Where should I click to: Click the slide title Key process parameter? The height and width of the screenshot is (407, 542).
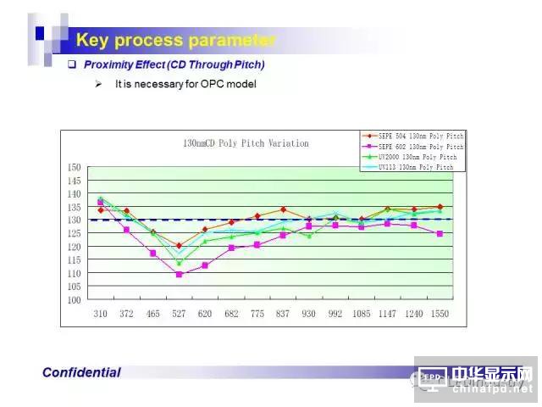click(x=175, y=40)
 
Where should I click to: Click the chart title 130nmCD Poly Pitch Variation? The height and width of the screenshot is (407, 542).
click(x=246, y=143)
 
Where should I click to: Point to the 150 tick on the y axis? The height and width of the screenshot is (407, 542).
click(x=75, y=167)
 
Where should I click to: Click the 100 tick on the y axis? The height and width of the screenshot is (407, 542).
click(x=75, y=300)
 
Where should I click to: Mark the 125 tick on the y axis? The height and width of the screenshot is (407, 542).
click(x=75, y=233)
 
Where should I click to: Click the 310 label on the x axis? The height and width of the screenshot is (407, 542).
click(x=101, y=314)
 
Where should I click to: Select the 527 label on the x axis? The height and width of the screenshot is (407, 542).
click(x=179, y=314)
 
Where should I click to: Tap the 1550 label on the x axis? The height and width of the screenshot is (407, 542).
click(x=440, y=314)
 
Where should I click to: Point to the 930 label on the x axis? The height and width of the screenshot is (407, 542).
click(x=309, y=314)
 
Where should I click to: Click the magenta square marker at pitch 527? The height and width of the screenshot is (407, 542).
click(x=179, y=275)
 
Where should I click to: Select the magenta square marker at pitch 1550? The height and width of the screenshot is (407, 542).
click(x=440, y=234)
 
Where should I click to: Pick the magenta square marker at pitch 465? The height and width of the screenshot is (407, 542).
click(x=153, y=254)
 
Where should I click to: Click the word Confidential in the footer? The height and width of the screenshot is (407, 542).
click(x=81, y=372)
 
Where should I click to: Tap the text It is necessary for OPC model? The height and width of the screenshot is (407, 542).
click(x=185, y=84)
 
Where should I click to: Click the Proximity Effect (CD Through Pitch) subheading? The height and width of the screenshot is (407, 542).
click(x=174, y=64)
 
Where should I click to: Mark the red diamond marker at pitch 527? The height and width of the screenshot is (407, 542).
click(x=179, y=246)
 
